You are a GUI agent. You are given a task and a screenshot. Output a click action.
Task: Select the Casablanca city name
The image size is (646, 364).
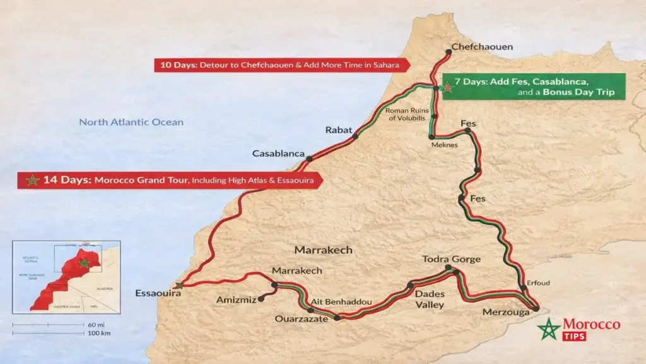[x=278, y=154]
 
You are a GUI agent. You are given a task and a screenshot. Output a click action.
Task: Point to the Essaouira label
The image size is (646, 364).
[x=158, y=293]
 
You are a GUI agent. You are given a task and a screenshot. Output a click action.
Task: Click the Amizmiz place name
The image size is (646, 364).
[x=236, y=300]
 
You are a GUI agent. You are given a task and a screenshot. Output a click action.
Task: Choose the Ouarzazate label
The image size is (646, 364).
[x=301, y=319]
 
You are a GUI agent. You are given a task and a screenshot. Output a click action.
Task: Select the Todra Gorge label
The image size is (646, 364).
[x=452, y=259]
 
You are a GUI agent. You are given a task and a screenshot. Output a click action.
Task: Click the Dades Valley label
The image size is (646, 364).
[x=430, y=299]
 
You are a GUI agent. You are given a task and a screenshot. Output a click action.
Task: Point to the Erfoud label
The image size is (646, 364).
[x=538, y=282]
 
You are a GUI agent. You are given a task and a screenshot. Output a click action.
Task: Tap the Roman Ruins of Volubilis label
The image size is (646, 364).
[x=406, y=114]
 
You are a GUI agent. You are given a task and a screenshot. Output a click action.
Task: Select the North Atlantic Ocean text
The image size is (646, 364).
[x=131, y=122]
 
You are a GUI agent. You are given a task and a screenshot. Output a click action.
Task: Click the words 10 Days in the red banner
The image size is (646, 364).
[x=178, y=64]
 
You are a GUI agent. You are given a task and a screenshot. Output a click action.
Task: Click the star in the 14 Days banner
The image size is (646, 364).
[x=31, y=180]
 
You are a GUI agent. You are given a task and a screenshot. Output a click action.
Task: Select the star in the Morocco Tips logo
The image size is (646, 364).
[x=549, y=329]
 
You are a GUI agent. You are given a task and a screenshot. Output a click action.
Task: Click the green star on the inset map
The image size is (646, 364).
[x=84, y=262]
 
